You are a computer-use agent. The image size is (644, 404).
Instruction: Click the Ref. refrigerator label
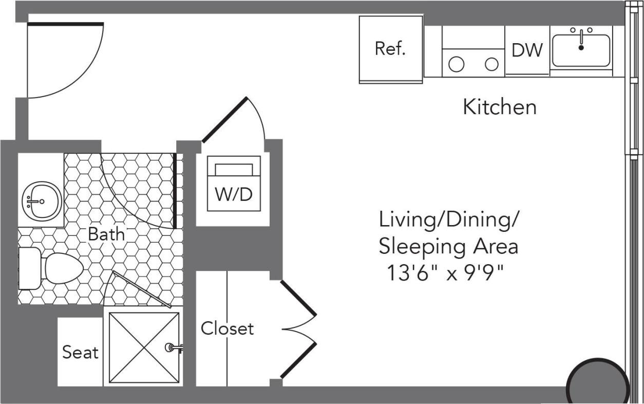[390, 49]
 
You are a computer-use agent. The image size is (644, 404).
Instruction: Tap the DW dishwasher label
[527, 50]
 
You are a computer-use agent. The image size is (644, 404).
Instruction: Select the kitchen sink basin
[581, 51]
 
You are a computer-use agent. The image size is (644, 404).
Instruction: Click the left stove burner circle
[457, 64]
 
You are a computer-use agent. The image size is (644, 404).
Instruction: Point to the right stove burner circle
[492, 64]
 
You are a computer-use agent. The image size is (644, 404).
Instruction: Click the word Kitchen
[500, 107]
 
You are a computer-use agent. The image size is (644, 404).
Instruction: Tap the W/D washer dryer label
[234, 195]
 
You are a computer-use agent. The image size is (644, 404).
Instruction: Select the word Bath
[106, 234]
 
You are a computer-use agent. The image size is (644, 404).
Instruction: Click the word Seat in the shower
[80, 353]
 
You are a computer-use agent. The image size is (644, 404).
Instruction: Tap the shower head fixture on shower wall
[173, 348]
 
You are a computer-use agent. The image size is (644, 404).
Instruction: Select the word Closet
[227, 328]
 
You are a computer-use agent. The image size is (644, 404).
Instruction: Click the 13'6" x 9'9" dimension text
[445, 273]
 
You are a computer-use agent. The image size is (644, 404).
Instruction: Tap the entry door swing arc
[82, 77]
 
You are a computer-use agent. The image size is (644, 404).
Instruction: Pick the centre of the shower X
[144, 347]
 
